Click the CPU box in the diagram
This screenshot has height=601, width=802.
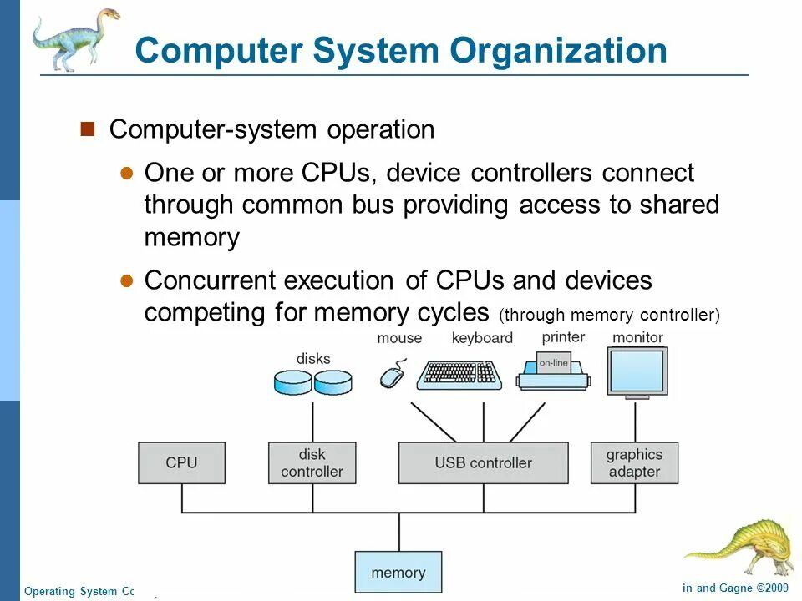tap(181, 462)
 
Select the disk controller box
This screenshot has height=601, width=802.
tap(312, 462)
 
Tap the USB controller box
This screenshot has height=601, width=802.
tap(483, 462)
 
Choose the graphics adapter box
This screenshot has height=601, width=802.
tap(634, 462)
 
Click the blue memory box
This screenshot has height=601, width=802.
tap(398, 573)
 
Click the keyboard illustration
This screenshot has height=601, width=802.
tap(459, 374)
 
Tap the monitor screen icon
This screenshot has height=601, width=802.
tap(637, 372)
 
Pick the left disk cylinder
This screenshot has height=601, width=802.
tap(292, 381)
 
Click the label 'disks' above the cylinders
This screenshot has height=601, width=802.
tap(313, 359)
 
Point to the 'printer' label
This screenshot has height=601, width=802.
tap(563, 337)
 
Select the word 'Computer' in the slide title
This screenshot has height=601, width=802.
tap(217, 51)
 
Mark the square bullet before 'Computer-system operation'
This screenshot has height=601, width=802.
tap(88, 129)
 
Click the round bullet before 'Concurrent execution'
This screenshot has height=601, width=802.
tap(127, 280)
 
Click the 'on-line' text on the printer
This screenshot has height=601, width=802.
tap(553, 362)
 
